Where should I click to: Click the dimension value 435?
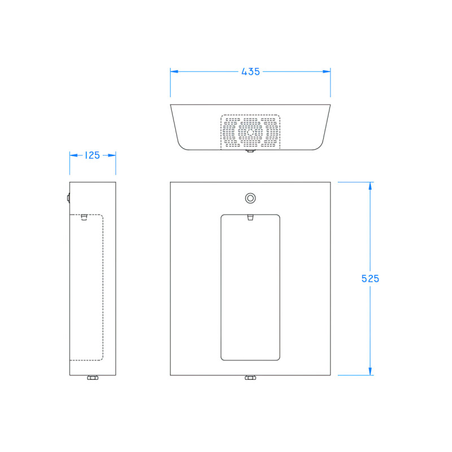click(x=250, y=72)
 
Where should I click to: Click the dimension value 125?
click(x=92, y=155)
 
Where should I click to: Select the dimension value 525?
click(x=370, y=279)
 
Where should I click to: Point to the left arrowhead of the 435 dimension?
click(x=175, y=72)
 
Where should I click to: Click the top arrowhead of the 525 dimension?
click(x=370, y=186)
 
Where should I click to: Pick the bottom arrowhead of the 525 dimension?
click(x=370, y=371)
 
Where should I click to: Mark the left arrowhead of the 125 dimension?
click(x=73, y=155)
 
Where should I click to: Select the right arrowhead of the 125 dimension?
click(x=112, y=155)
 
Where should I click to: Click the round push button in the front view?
click(x=250, y=198)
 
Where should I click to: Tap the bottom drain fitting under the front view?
click(x=250, y=378)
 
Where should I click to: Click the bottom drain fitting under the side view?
click(x=93, y=378)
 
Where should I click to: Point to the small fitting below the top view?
click(x=250, y=151)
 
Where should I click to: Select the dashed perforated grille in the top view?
click(x=250, y=132)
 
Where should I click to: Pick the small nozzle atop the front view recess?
click(x=250, y=217)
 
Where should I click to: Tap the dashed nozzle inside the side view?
click(x=84, y=217)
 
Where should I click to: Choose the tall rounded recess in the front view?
click(x=250, y=287)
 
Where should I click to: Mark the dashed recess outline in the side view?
click(x=86, y=287)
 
